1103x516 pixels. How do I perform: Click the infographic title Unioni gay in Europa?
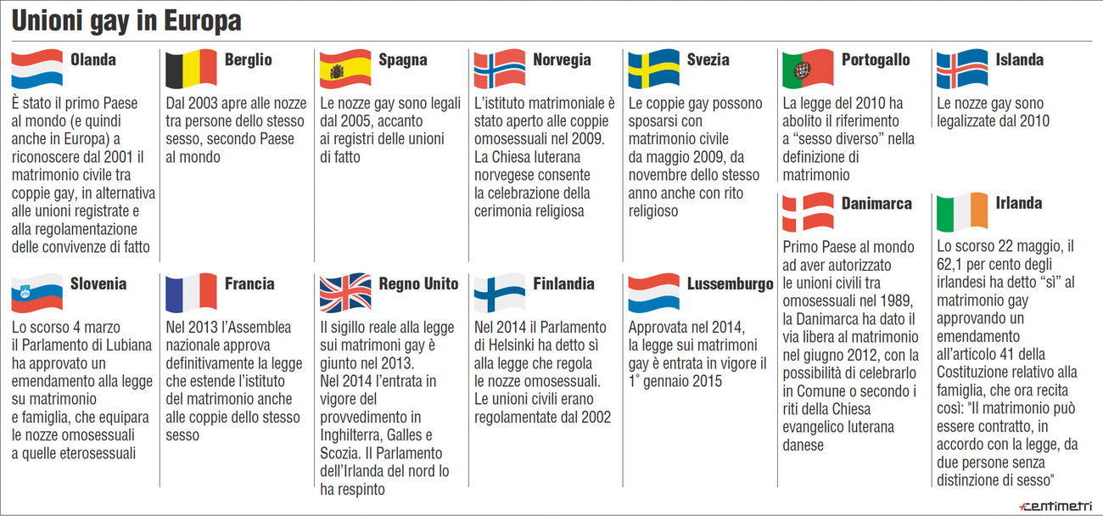[x=126, y=22]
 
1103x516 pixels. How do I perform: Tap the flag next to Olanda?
[x=37, y=69]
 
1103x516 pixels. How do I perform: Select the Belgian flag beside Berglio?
[x=190, y=69]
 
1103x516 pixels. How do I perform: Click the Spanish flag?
[x=344, y=69]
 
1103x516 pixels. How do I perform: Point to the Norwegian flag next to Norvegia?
[x=499, y=69]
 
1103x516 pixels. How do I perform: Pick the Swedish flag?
[x=653, y=69]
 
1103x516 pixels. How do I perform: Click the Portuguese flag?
[x=808, y=69]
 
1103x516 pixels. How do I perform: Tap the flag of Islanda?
[x=962, y=69]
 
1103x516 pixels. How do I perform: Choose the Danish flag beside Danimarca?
[x=808, y=212]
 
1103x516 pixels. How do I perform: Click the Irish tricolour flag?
[x=962, y=212]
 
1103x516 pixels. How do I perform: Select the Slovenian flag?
[x=37, y=293]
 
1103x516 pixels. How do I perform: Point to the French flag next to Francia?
[x=190, y=293]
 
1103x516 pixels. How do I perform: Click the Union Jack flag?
[x=344, y=293]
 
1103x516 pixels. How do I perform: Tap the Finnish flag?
[x=499, y=293]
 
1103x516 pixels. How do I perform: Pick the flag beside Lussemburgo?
[x=653, y=293]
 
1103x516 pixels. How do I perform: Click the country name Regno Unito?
[x=418, y=284]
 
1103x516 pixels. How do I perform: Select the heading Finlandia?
[x=563, y=284]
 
